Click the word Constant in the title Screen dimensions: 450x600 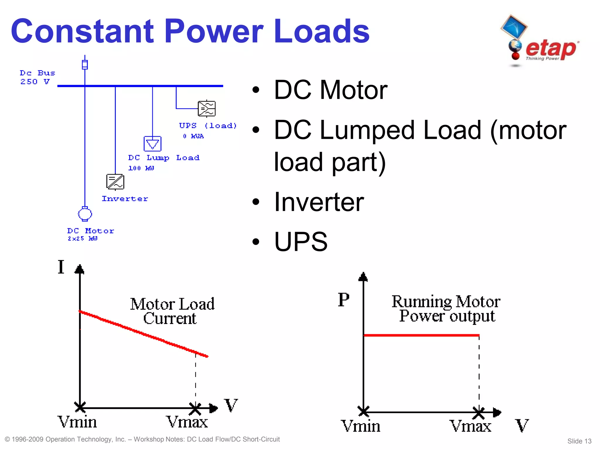(x=82, y=31)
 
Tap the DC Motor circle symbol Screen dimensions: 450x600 (x=85, y=214)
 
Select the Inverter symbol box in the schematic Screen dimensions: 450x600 (x=115, y=182)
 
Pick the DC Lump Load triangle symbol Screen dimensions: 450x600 (x=152, y=144)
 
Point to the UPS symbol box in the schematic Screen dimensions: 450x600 (x=207, y=109)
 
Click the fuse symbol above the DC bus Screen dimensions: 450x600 (x=85, y=64)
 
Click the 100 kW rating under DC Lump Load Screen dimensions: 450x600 (x=141, y=168)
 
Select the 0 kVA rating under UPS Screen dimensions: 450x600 (x=193, y=136)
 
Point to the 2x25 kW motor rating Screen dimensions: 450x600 (x=82, y=238)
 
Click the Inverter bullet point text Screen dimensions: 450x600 (x=319, y=202)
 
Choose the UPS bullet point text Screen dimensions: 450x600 (x=301, y=242)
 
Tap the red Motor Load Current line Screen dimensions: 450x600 (x=144, y=334)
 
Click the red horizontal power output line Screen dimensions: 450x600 (x=421, y=335)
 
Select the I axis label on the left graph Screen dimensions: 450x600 (x=61, y=267)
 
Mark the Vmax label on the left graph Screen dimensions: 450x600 (x=187, y=422)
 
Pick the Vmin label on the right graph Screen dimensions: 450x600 (x=360, y=426)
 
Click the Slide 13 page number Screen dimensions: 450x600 (x=579, y=441)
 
